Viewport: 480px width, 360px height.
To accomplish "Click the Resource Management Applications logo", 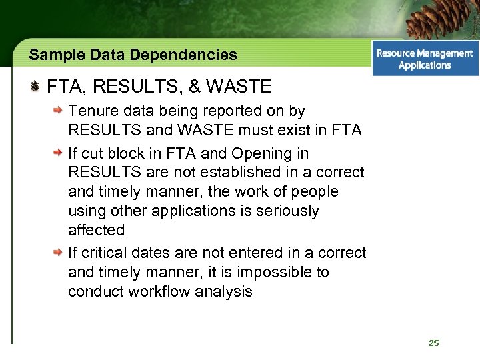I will pos(425,59).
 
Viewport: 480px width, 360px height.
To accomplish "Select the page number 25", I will pos(434,343).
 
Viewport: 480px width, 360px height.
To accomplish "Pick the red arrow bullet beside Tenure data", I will pos(59,111).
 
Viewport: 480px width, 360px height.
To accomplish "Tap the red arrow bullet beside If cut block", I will pos(59,153).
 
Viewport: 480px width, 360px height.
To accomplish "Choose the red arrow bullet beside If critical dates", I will pos(59,253).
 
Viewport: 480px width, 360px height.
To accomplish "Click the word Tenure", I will pos(91,111).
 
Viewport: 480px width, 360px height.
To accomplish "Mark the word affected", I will pos(96,230).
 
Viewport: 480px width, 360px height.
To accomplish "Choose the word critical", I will pos(105,253).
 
